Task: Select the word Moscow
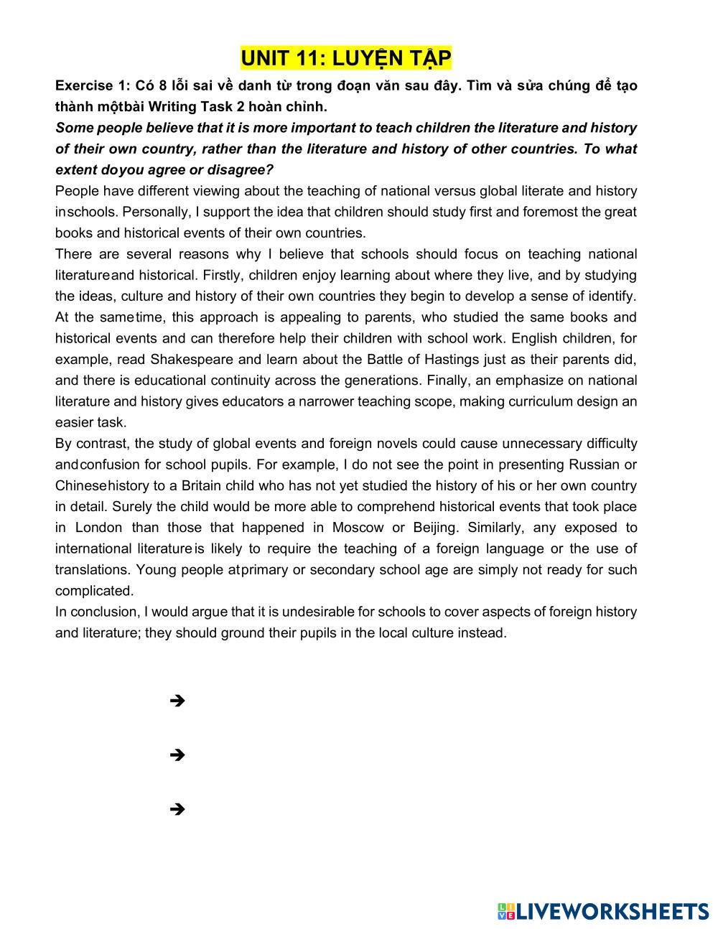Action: coord(358,528)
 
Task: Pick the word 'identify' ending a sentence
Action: coord(610,296)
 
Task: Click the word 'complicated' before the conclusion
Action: coord(93,591)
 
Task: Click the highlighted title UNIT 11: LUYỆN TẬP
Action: coord(346,57)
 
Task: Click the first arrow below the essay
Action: coord(177,701)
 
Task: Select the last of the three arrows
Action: coord(177,809)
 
